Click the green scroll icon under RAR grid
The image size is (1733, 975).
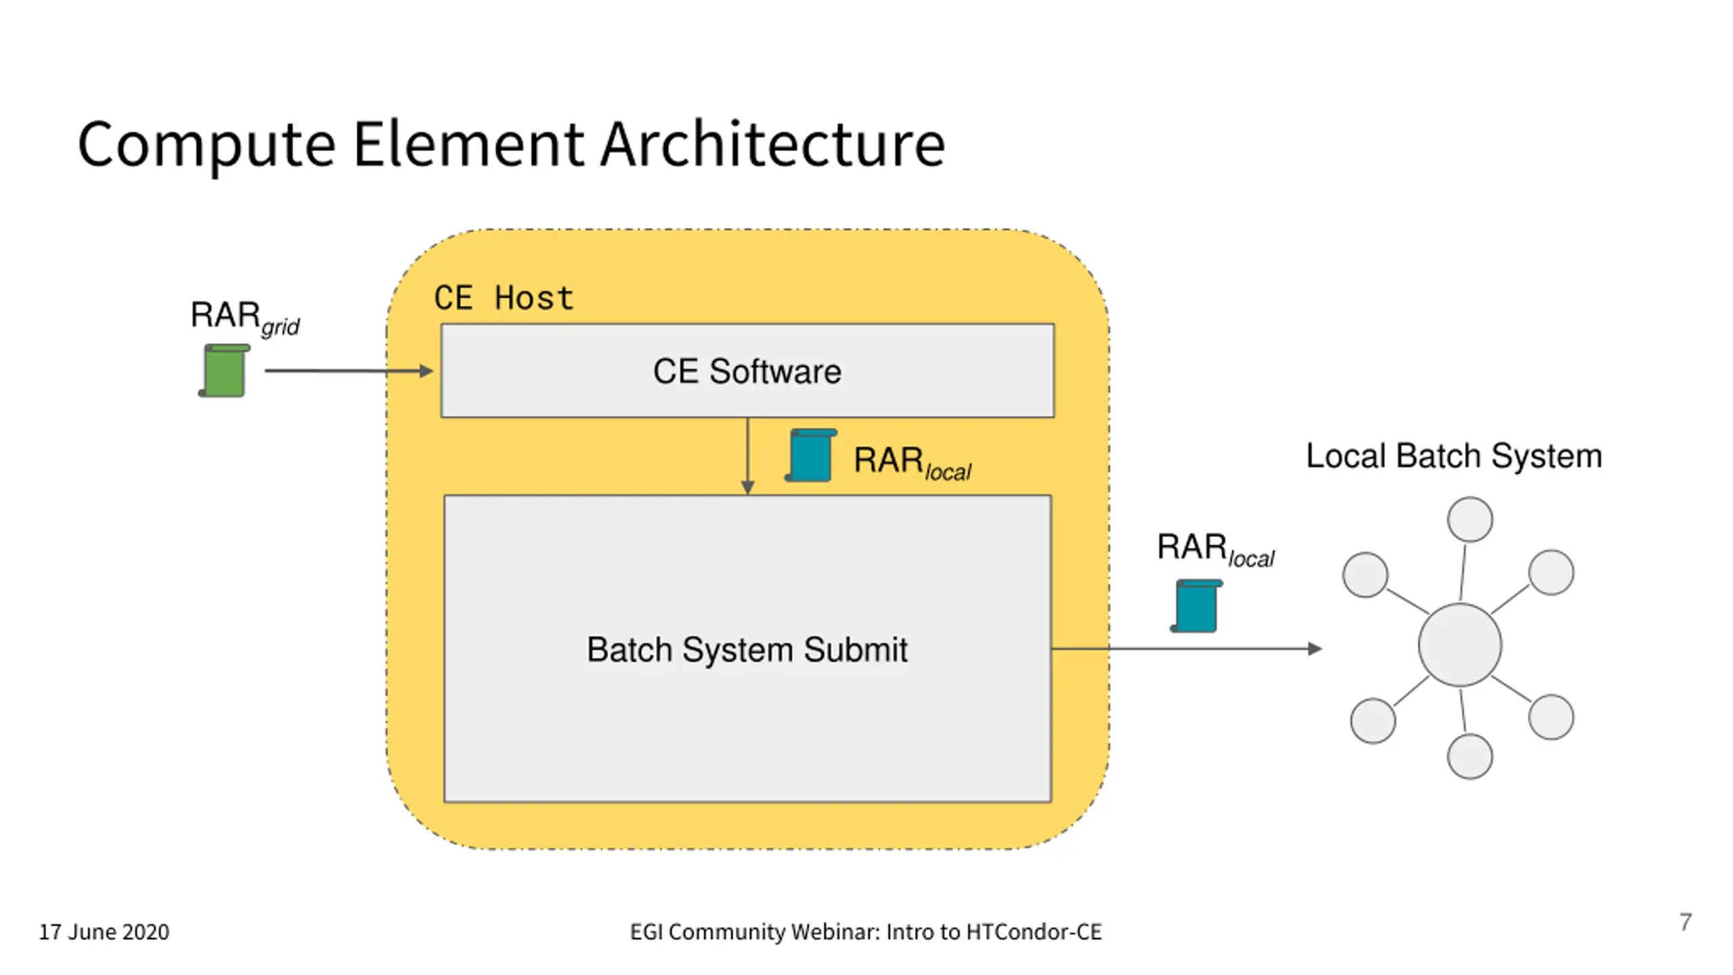point(224,370)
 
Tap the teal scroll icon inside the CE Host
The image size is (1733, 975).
point(810,455)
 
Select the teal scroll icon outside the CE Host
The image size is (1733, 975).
point(1196,606)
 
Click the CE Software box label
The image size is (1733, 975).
point(747,371)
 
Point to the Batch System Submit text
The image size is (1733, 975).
point(747,649)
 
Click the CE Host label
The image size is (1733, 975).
point(504,298)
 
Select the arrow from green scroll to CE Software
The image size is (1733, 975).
point(349,371)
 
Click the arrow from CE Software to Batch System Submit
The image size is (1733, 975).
point(747,456)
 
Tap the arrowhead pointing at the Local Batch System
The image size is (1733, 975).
point(1315,649)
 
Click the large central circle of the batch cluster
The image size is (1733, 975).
point(1460,645)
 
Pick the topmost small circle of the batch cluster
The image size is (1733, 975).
point(1470,519)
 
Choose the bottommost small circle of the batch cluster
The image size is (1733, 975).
point(1470,756)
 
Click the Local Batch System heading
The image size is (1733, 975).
point(1453,456)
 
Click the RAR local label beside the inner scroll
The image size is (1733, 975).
point(913,463)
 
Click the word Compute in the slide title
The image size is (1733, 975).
point(206,145)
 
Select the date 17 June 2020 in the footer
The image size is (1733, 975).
point(104,932)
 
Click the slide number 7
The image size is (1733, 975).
point(1686,922)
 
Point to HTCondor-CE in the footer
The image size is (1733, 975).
point(1034,932)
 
